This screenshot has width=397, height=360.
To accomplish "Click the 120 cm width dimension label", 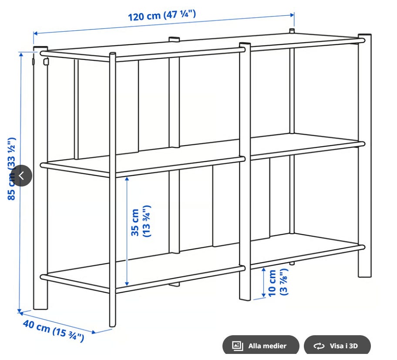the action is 162,15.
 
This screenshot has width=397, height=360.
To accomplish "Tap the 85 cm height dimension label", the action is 12,169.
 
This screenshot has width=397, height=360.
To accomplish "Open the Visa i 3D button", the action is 337,346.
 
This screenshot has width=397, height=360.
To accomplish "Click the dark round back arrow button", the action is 21,176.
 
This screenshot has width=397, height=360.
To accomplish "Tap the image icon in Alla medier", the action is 238,346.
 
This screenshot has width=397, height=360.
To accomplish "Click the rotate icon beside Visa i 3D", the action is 319,346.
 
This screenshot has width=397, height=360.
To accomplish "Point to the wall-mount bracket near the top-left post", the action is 46,61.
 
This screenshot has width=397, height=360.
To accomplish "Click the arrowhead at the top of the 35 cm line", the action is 127,179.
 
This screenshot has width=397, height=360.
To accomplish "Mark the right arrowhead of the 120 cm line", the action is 292,15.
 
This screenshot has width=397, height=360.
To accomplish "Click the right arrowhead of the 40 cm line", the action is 94,332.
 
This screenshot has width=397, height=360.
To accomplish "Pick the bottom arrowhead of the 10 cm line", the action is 263,295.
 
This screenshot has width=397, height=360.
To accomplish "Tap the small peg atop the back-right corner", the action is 292,31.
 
